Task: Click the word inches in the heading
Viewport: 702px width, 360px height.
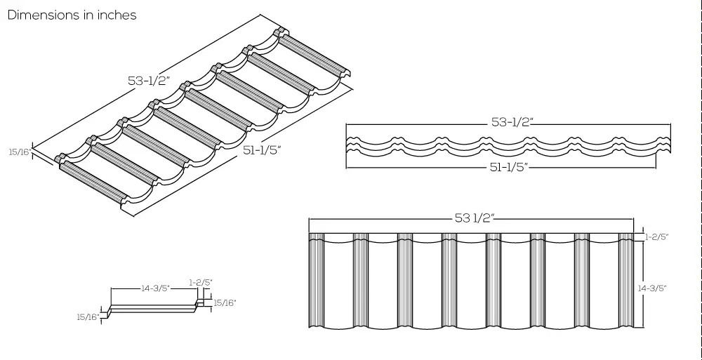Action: [x=117, y=15]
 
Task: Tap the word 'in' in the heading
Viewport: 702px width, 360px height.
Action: [x=88, y=15]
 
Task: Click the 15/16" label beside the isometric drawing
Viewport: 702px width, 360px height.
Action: [x=19, y=152]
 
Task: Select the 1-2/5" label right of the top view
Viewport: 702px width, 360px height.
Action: [x=657, y=237]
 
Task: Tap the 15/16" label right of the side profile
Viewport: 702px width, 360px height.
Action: [x=225, y=302]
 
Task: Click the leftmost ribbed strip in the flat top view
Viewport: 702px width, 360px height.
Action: [x=317, y=281]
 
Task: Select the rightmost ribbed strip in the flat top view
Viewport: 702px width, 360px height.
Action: [x=627, y=281]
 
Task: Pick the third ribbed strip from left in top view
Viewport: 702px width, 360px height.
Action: [x=405, y=281]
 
